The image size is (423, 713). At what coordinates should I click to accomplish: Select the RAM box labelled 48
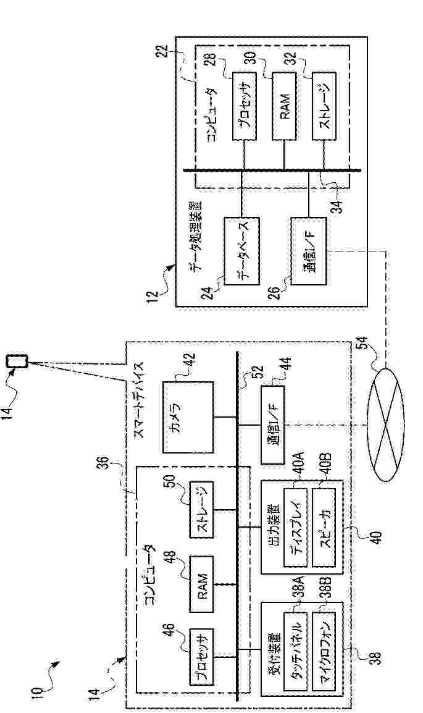click(x=201, y=584)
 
